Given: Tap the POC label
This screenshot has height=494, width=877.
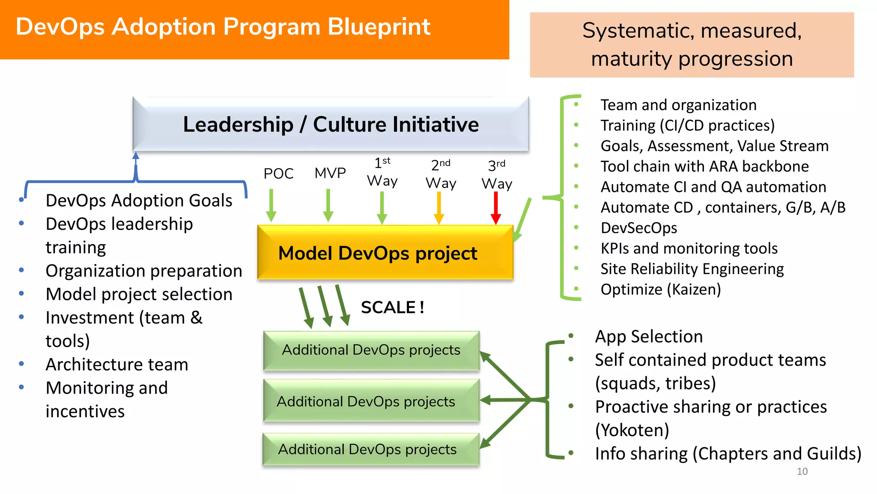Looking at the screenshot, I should (x=278, y=174).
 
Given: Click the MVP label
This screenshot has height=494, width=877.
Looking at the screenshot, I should (x=330, y=173).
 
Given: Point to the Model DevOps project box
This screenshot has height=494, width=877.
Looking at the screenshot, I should (x=385, y=253).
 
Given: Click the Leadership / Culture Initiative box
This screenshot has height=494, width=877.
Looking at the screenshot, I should (x=331, y=124).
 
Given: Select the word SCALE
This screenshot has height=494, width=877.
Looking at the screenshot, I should (x=388, y=307).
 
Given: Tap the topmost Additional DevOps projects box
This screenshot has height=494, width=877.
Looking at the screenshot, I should (x=371, y=350).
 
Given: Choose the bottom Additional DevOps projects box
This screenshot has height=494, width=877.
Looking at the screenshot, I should (x=371, y=449).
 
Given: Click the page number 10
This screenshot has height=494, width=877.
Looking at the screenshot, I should (x=802, y=472).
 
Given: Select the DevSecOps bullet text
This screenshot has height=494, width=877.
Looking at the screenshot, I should (x=639, y=228).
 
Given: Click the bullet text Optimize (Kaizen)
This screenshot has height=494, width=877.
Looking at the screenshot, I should (x=661, y=289).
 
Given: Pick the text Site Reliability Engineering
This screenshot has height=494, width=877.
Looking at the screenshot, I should (x=692, y=269).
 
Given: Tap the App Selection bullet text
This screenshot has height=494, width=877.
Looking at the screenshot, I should (x=649, y=337).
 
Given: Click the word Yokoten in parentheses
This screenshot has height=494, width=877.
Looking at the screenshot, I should (x=632, y=430).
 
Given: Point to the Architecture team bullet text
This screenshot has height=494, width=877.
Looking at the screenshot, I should (x=117, y=364).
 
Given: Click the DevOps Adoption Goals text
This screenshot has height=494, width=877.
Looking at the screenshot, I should (x=139, y=201).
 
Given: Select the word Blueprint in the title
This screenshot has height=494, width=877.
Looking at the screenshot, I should (x=379, y=27).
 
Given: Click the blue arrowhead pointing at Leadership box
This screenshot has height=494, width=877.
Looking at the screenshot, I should (x=136, y=155).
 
